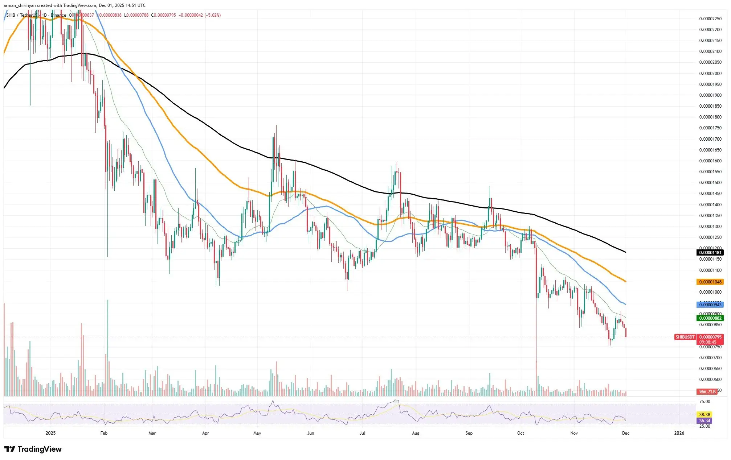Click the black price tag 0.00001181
coord(710,253)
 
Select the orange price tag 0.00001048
coord(710,282)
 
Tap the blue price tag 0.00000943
coord(710,305)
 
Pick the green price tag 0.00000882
coord(710,318)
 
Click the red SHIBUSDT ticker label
coord(685,337)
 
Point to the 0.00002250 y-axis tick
coord(710,19)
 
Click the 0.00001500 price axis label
coord(710,183)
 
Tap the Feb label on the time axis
coord(104,433)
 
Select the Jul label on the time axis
coord(362,433)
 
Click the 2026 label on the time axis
coord(679,433)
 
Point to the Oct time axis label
coord(520,433)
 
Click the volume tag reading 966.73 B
coord(707,392)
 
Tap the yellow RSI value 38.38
coord(705,414)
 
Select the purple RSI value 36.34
coord(705,421)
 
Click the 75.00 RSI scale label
coord(705,402)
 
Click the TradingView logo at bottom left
coord(33,449)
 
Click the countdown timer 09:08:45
coord(708,342)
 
